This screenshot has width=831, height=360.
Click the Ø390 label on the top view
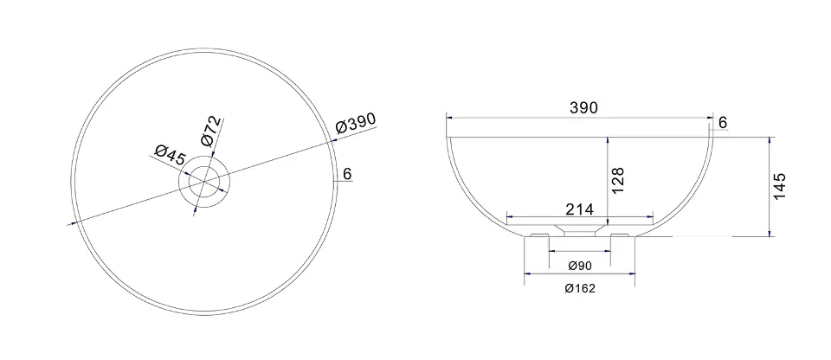point(356,123)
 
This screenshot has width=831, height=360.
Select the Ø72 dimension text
point(211,131)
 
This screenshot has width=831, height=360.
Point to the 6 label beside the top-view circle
point(348,173)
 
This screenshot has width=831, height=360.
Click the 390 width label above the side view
point(583,107)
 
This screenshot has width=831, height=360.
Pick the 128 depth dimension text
point(617,180)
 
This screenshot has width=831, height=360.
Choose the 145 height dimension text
point(780,186)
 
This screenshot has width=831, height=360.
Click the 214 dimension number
point(579,209)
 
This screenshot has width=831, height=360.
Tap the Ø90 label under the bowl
point(578,266)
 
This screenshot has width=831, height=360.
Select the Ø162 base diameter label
point(580,288)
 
